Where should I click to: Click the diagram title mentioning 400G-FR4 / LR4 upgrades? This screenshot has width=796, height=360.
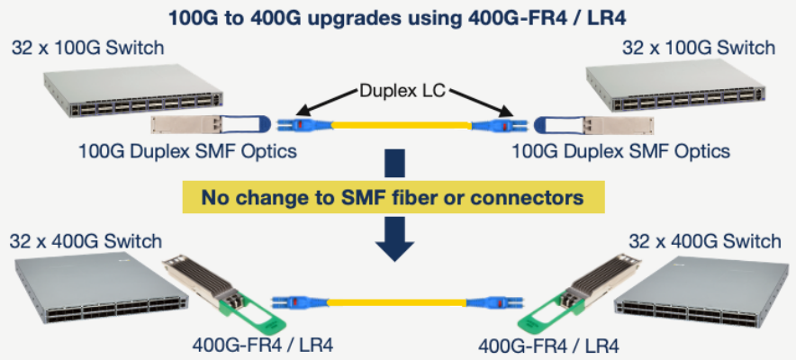click(397, 16)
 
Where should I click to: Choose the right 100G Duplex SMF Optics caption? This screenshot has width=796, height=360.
click(620, 150)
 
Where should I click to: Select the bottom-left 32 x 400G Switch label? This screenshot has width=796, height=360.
click(86, 240)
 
